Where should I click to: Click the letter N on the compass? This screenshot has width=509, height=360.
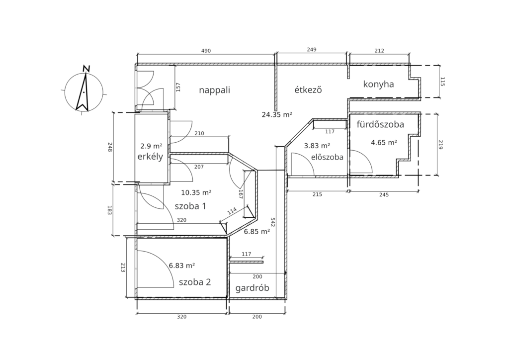(86, 69)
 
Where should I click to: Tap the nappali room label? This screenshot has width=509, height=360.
(215, 90)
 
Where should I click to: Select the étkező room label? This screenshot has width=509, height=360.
(308, 90)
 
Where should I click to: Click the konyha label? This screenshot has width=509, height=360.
(378, 85)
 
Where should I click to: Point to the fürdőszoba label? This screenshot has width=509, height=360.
(380, 124)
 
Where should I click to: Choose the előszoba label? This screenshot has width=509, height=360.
(327, 157)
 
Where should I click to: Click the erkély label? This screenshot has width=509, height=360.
(150, 157)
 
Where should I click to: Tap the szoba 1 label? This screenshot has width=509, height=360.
(190, 206)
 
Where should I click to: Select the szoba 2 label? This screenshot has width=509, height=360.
(195, 282)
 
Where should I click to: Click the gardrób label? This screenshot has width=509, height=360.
(252, 288)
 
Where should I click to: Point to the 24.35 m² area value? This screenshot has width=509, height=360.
(277, 114)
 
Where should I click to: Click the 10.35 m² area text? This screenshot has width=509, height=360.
(196, 192)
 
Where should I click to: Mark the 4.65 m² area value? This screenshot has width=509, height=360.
(384, 142)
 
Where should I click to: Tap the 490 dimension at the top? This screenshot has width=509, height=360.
(206, 51)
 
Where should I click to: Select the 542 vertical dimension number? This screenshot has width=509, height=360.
(273, 222)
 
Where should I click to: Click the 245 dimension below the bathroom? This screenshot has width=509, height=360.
(384, 195)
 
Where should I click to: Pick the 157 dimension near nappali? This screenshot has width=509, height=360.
(178, 87)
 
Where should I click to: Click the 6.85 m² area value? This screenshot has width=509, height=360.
(257, 231)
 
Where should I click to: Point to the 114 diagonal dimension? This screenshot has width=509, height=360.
(232, 211)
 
